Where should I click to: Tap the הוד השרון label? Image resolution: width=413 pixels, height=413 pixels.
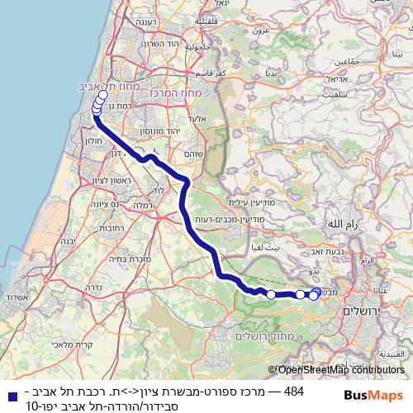149,43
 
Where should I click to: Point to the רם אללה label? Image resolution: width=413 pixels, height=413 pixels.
342,224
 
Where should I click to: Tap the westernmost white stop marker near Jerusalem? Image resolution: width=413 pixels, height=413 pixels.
271,294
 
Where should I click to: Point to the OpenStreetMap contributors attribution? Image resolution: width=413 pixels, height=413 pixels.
339,371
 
